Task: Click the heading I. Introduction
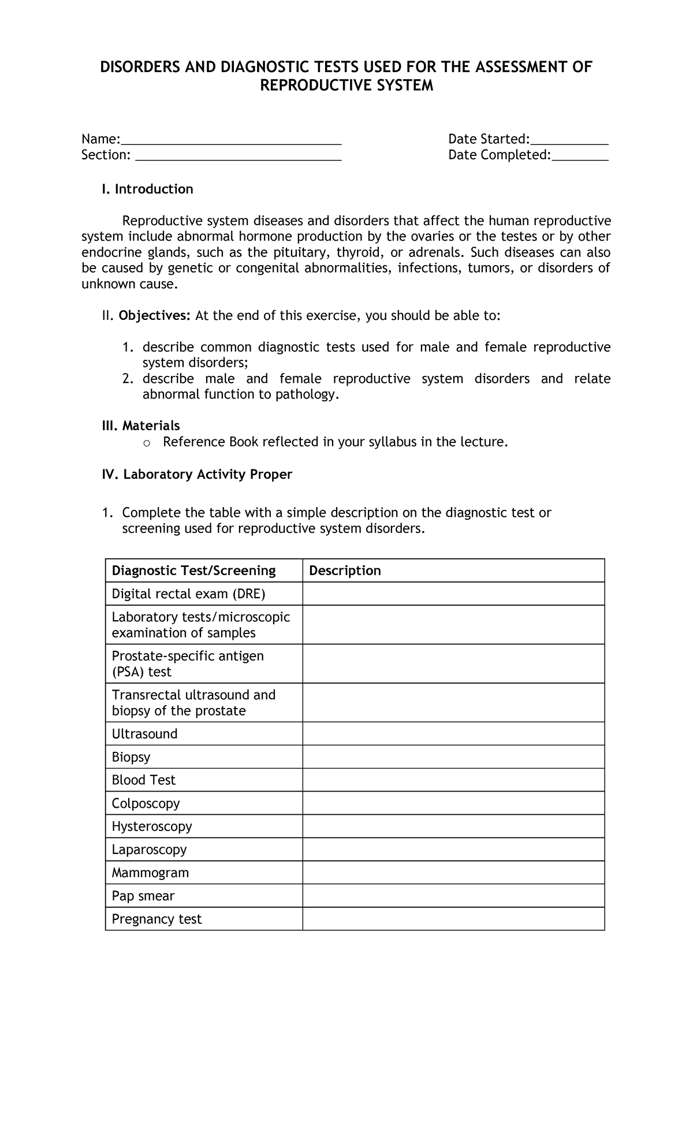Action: click(x=147, y=189)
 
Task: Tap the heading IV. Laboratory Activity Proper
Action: click(x=196, y=474)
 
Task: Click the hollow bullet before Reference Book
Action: click(x=146, y=443)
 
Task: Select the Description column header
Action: click(x=345, y=570)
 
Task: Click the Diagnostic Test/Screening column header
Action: click(x=193, y=570)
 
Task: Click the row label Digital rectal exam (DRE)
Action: click(x=188, y=594)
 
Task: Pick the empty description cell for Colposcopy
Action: click(x=453, y=803)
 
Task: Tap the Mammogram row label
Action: click(x=150, y=872)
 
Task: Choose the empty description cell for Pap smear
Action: click(x=453, y=896)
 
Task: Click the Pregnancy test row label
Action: click(x=157, y=919)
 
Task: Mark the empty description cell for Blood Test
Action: click(x=453, y=780)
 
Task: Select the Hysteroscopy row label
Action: click(x=152, y=826)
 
